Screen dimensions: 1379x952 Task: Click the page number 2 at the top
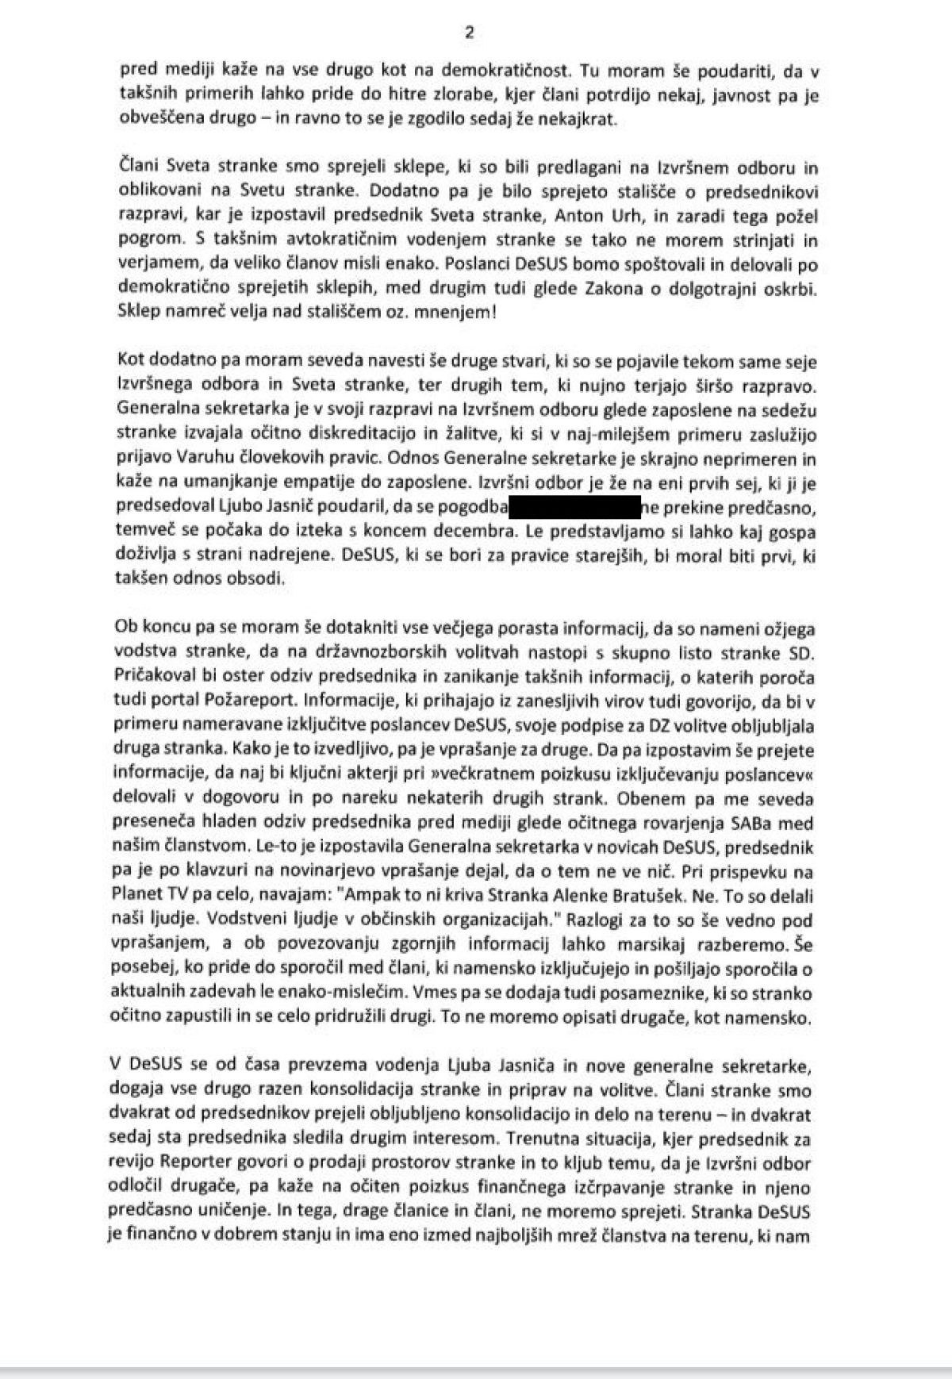click(469, 33)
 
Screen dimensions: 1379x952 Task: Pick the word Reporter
click(198, 1163)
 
